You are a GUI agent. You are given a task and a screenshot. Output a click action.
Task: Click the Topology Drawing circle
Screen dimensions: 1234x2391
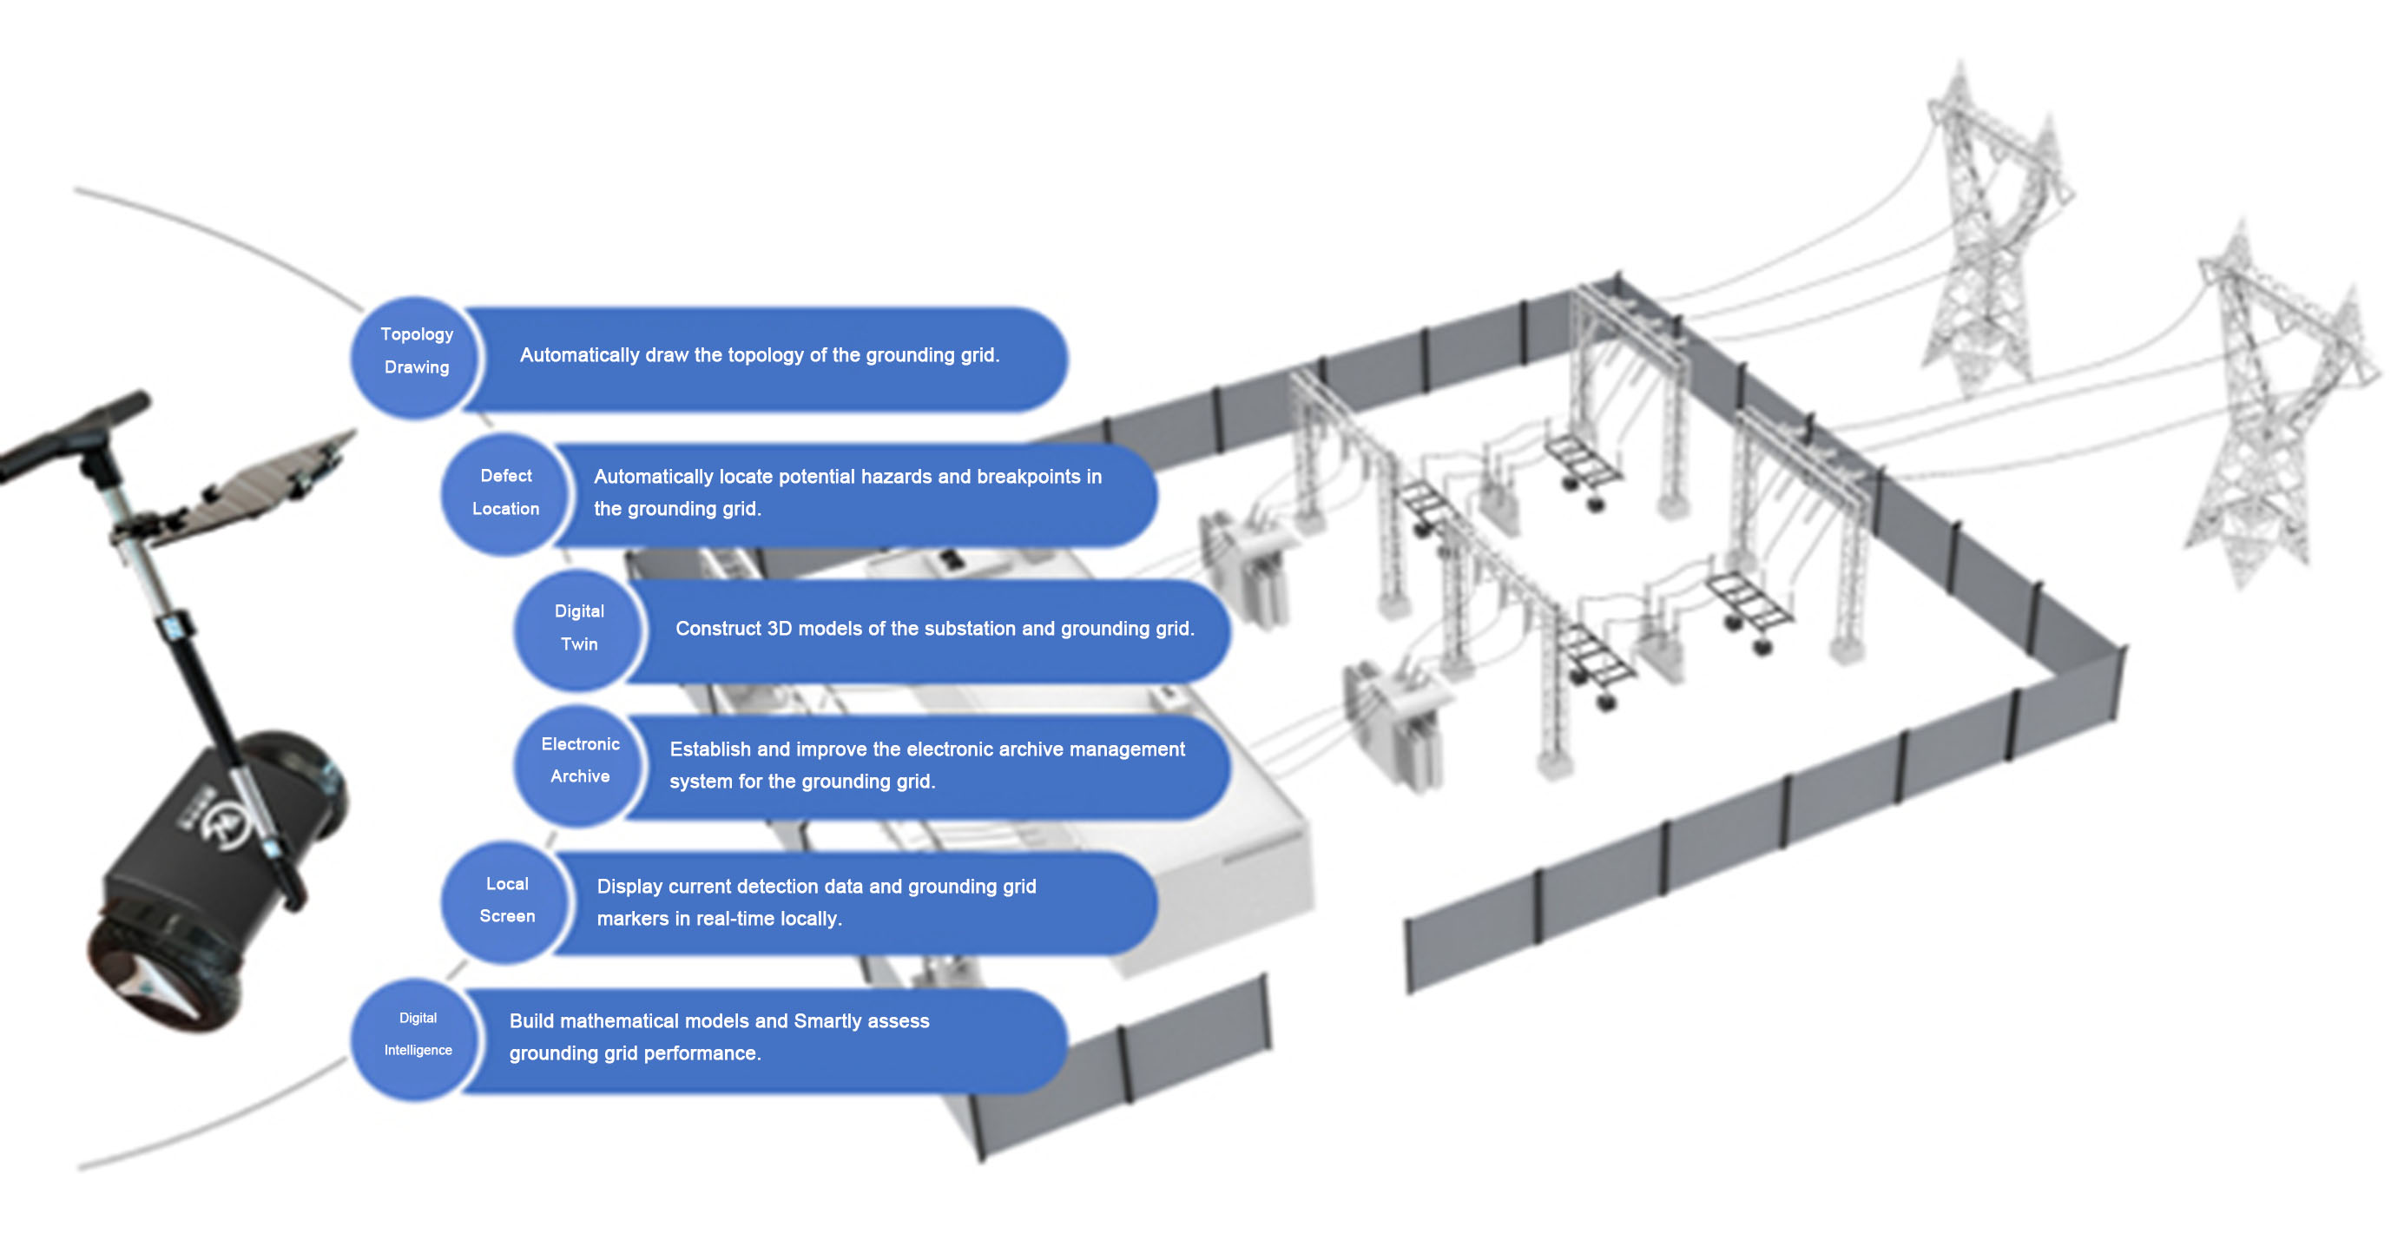tap(415, 358)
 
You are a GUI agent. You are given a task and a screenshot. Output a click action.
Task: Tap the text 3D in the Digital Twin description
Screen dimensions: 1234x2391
tap(779, 630)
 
